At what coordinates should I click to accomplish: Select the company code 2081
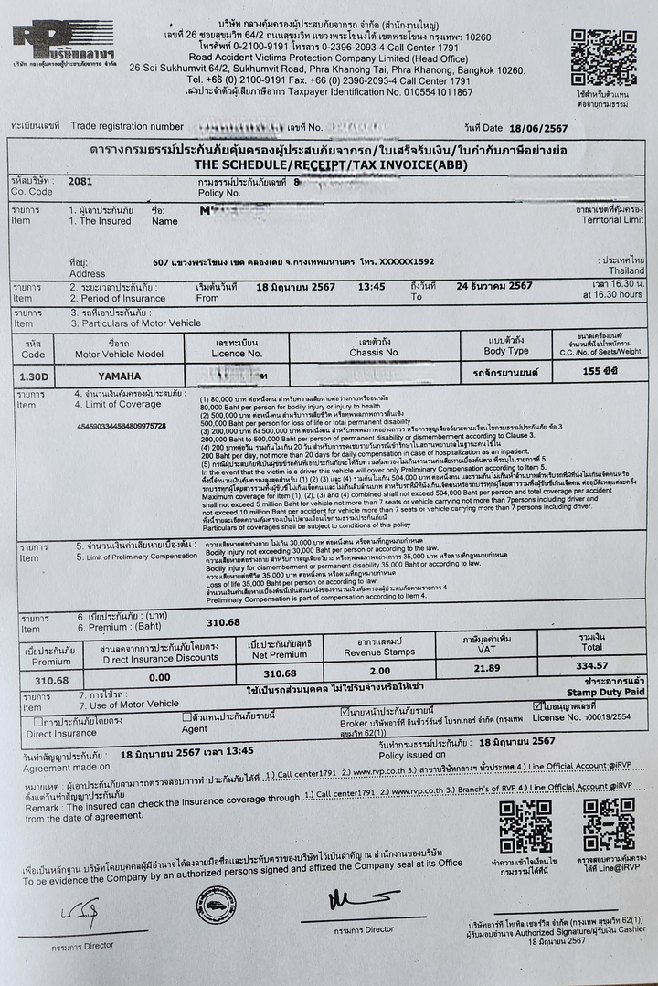pos(80,181)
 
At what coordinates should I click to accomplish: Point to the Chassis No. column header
pos(374,352)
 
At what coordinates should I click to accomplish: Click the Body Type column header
pos(506,350)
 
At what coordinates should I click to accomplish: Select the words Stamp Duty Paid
pos(606,693)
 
